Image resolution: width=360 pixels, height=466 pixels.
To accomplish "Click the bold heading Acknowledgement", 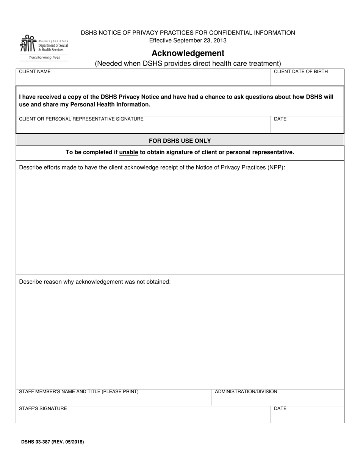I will coord(188,53).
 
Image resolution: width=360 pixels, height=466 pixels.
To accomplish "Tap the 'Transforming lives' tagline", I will coord(44,58).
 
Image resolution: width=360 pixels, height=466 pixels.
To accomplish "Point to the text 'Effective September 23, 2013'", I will coord(188,41).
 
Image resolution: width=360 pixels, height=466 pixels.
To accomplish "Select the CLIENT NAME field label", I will coord(34,72).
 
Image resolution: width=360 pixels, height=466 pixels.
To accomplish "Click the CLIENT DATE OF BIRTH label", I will coord(301,72).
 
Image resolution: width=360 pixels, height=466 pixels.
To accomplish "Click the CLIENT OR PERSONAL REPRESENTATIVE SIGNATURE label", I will coord(81,119).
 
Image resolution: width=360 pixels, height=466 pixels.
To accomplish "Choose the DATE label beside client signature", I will coord(280,119).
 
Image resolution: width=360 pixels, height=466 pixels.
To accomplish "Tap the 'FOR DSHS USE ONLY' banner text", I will coord(180,141).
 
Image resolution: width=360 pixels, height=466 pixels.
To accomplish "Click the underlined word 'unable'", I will coord(128,152).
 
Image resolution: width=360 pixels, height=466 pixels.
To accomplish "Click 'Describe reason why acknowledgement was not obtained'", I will coord(95,282).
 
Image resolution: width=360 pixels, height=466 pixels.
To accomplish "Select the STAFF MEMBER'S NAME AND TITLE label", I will coord(78,392).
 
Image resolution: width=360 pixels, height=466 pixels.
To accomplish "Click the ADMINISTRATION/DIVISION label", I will coord(246,392).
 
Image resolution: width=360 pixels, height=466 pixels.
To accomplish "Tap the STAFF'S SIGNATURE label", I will coord(43,408).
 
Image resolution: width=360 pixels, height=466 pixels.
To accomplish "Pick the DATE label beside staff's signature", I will coord(280,408).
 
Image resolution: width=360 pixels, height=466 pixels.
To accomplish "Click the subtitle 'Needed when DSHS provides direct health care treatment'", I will coord(188,64).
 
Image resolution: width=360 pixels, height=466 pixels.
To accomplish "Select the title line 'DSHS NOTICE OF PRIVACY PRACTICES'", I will coord(188,33).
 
